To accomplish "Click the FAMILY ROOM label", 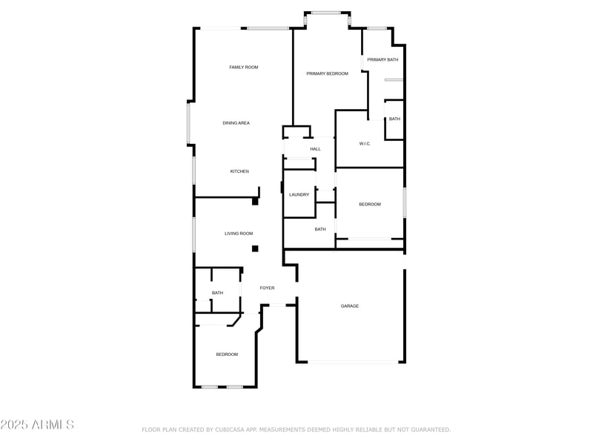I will [243, 67].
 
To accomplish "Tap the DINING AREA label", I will [236, 122].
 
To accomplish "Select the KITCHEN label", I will [239, 171].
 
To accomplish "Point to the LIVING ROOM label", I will [239, 234].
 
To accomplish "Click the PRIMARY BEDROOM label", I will [327, 73].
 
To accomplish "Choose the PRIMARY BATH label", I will [382, 59].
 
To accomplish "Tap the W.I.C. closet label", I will [365, 143].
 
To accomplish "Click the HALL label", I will [315, 149].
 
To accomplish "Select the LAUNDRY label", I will [299, 194].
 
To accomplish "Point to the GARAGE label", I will [350, 306].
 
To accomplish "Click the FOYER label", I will [267, 288].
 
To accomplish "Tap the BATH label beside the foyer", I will [217, 293].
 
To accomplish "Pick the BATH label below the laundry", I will [320, 229].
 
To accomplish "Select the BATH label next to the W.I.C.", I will [394, 119].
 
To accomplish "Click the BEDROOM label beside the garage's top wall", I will [370, 204].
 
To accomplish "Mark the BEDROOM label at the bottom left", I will [227, 355].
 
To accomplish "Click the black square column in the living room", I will [255, 249].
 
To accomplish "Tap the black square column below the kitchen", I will [255, 201].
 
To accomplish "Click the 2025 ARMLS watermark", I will [37, 425].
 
